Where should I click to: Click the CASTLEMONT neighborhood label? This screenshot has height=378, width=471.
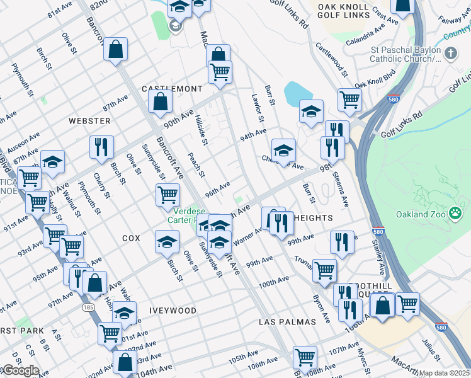tap(172, 89)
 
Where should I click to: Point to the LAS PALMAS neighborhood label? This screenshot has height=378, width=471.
tap(287, 321)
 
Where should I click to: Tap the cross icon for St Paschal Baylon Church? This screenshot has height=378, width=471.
tap(450, 54)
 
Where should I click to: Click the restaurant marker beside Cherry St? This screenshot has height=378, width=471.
tap(101, 147)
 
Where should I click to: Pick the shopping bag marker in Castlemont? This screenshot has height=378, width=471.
tap(161, 100)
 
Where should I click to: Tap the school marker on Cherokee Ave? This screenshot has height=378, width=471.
tap(283, 150)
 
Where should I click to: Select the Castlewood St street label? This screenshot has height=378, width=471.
tap(331, 59)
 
